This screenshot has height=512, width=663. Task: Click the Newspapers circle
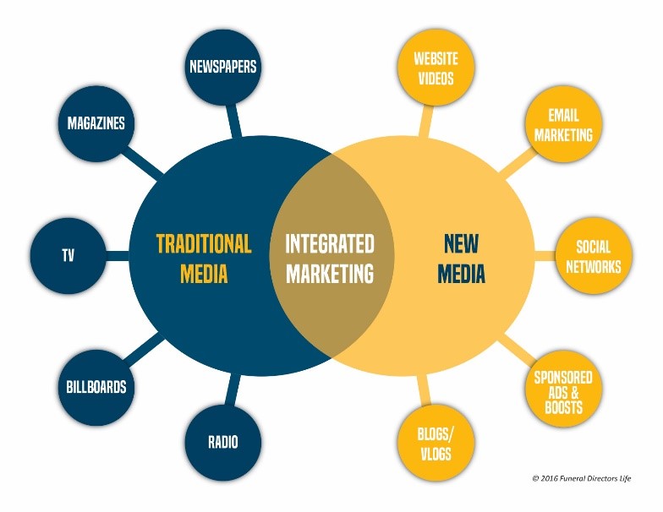click(223, 68)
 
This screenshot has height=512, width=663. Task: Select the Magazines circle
click(96, 123)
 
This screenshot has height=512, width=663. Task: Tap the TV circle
click(68, 255)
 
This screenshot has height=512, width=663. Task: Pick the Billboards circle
click(96, 387)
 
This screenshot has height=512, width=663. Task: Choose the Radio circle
click(223, 443)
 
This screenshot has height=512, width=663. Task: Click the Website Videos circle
click(436, 68)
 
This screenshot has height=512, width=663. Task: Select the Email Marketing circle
click(563, 124)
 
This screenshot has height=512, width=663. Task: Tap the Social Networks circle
click(594, 256)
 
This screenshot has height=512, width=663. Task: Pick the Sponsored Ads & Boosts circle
click(563, 392)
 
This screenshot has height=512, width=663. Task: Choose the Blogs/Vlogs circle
click(436, 444)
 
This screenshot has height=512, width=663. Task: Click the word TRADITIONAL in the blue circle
click(204, 243)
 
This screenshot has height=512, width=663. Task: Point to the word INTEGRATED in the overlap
click(330, 243)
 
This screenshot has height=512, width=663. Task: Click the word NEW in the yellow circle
click(462, 243)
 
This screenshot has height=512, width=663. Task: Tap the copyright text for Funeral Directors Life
click(582, 478)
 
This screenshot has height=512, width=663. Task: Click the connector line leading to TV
click(118, 255)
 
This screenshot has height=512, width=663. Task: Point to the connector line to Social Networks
click(545, 256)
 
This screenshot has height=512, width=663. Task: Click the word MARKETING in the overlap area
click(330, 273)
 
